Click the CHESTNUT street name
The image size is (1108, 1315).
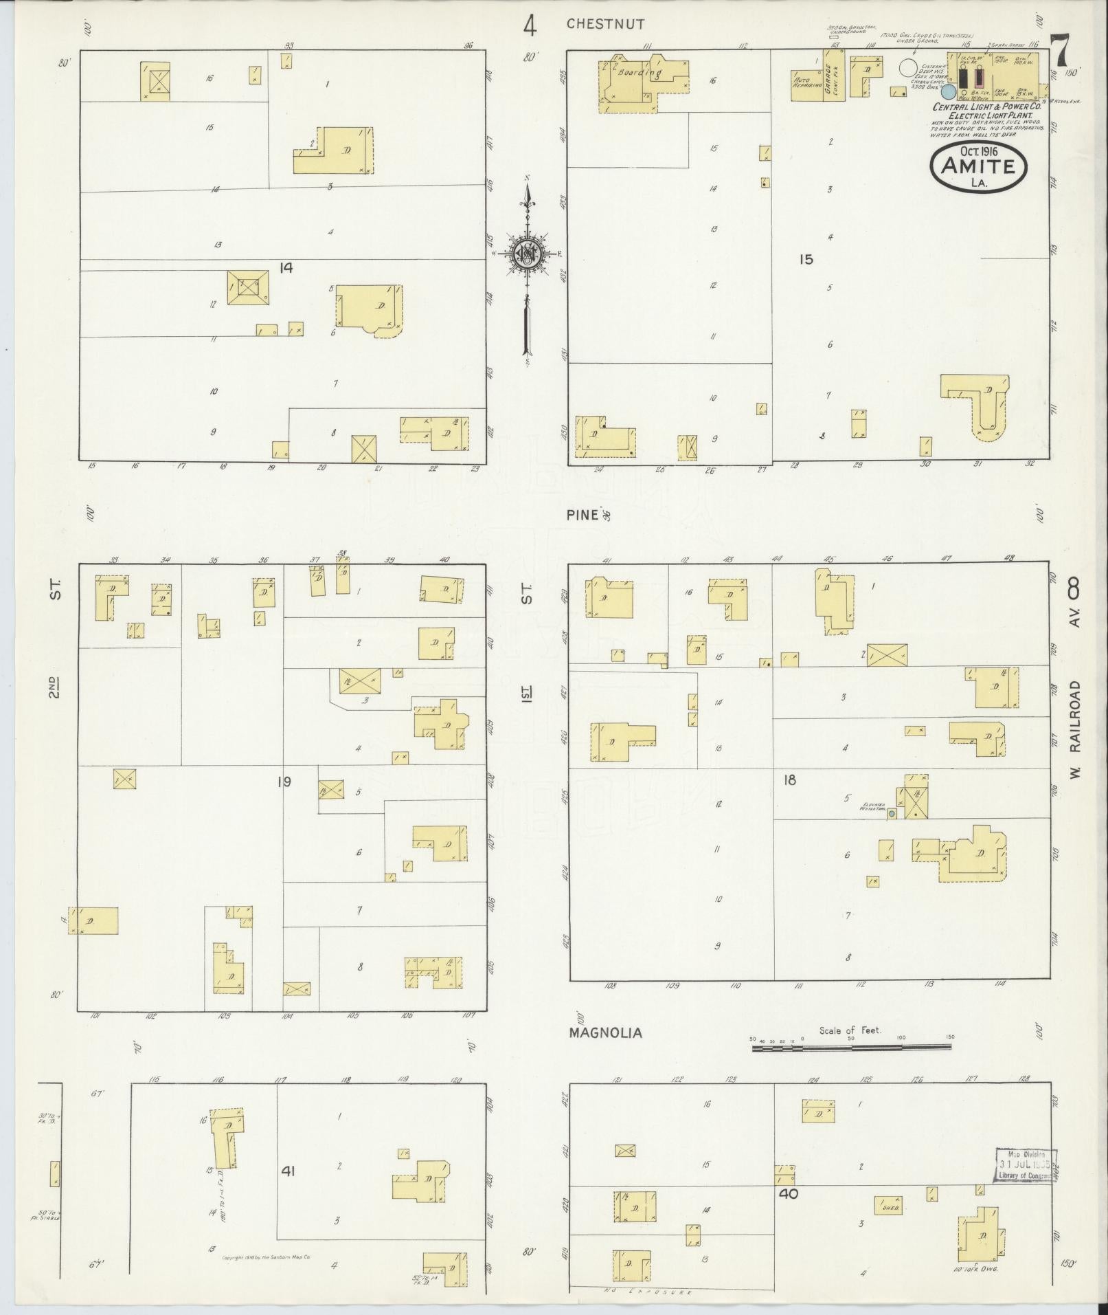pos(605,24)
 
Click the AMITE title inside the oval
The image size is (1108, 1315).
pos(978,166)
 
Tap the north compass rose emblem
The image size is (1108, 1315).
pos(528,254)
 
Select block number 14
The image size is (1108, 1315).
pos(286,268)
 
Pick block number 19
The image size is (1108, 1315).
pos(284,781)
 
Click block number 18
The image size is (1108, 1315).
pos(789,780)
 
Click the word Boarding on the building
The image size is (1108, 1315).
pos(639,72)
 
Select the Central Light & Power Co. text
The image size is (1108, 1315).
pos(987,107)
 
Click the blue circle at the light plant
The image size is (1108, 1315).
pos(949,91)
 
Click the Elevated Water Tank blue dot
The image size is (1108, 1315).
pos(892,814)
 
